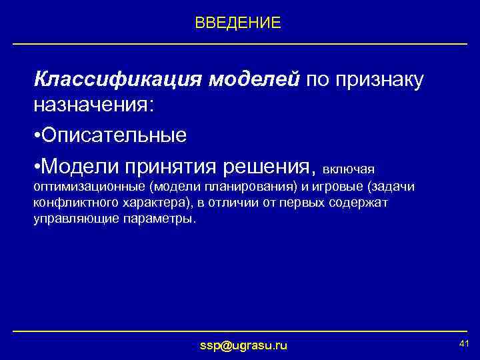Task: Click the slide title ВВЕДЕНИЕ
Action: tap(238, 23)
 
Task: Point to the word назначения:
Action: tap(94, 105)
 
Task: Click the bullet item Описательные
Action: tap(113, 135)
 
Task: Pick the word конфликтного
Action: tap(69, 202)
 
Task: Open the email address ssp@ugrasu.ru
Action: tap(244, 345)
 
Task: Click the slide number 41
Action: tap(465, 343)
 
